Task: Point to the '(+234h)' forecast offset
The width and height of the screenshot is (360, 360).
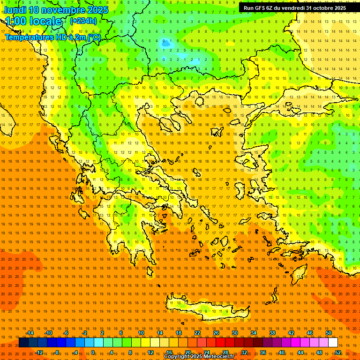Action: click(83, 21)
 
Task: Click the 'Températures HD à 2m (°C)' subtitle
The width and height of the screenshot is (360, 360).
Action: click(52, 37)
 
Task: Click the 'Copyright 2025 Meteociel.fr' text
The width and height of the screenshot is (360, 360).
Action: click(199, 357)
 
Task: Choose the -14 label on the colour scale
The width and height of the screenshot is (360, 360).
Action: click(30, 333)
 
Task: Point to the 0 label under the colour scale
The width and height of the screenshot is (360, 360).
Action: click(93, 352)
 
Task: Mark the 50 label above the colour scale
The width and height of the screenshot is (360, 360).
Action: click(329, 333)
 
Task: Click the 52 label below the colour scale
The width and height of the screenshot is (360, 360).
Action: click(338, 352)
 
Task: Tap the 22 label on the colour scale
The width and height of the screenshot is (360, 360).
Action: click(197, 333)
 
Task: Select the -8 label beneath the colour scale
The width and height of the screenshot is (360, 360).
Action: click(57, 352)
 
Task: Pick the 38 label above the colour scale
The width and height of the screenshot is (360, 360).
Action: click(272, 333)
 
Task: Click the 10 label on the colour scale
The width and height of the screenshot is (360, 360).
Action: click(141, 333)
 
